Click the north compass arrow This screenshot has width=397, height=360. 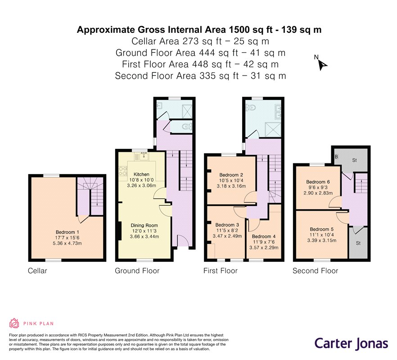click(323, 65)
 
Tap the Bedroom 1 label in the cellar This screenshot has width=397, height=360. click(65, 232)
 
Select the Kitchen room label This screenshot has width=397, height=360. click(141, 175)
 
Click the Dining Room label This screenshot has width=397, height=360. click(144, 225)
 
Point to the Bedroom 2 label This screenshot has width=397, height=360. click(231, 175)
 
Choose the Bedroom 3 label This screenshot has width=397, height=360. click(227, 225)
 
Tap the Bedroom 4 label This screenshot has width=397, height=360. click(264, 236)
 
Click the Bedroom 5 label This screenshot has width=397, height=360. click(321, 229)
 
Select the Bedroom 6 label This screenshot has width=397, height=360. click(318, 182)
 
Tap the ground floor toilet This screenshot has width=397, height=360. click(187, 126)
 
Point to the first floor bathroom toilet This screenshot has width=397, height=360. click(251, 108)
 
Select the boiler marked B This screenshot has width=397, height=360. click(336, 157)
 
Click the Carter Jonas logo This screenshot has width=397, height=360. click(351, 344)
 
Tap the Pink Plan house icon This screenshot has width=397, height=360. click(14, 323)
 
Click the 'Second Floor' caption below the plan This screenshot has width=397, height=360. click(315, 271)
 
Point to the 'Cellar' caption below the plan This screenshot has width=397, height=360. click(37, 271)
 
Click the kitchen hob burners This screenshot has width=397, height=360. click(123, 171)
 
